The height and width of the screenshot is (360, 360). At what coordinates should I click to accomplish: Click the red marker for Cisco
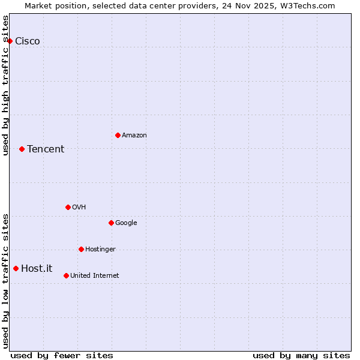click(10, 41)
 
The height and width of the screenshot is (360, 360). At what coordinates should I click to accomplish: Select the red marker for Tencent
click(22, 149)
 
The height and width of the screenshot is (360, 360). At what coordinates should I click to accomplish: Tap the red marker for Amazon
click(118, 135)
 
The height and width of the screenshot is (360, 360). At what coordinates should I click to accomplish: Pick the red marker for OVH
click(68, 207)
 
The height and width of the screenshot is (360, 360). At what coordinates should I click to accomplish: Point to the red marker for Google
click(111, 223)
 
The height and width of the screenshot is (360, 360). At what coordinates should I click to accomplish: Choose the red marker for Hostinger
click(81, 249)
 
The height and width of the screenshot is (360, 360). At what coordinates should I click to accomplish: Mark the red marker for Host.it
click(16, 268)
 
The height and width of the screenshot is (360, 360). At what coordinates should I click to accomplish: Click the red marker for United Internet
click(66, 275)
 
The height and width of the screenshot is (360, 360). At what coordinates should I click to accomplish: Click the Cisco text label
click(28, 41)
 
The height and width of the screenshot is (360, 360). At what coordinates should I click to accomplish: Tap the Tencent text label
click(46, 149)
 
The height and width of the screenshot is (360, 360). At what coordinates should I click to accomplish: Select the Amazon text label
click(134, 136)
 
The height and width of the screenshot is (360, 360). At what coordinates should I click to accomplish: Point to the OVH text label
click(79, 208)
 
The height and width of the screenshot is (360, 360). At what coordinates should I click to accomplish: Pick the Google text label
click(126, 223)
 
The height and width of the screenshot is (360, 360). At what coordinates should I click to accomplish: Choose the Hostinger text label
click(100, 250)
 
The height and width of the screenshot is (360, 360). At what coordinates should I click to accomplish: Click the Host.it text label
click(37, 269)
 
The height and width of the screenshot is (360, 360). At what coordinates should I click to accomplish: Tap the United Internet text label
click(95, 276)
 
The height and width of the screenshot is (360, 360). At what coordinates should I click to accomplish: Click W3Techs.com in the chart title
click(306, 5)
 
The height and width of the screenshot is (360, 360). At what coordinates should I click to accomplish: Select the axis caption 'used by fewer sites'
click(62, 355)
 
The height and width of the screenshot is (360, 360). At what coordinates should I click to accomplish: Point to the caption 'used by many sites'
click(301, 355)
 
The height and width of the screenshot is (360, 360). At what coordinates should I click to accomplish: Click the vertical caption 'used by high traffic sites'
click(6, 85)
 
